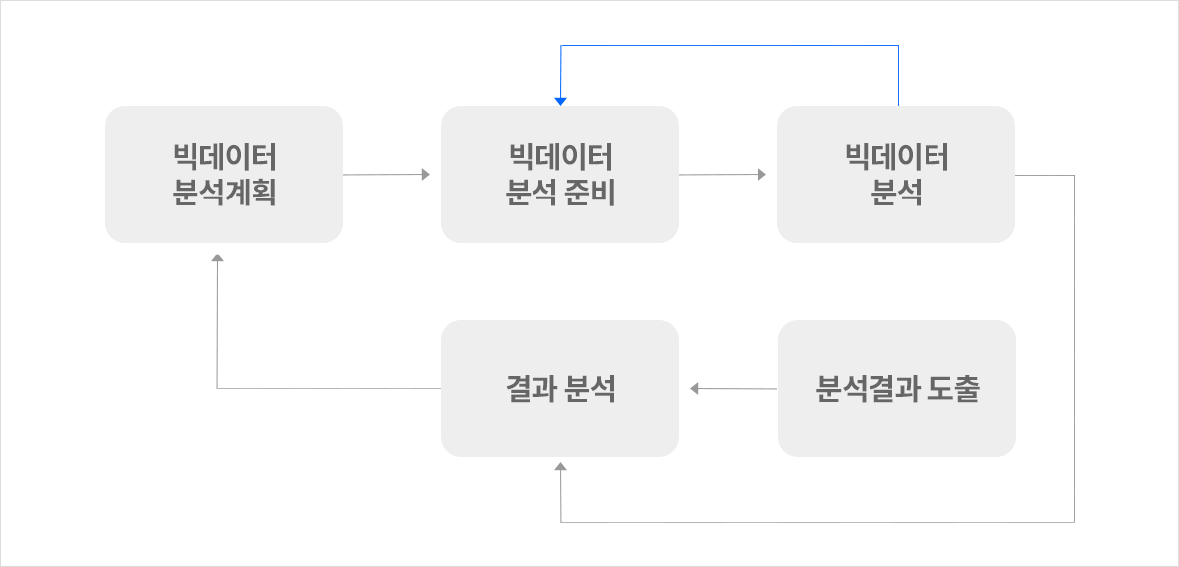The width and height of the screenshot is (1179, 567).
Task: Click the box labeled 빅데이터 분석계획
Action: pyautogui.click(x=224, y=174)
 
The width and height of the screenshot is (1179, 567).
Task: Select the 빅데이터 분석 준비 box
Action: pyautogui.click(x=560, y=174)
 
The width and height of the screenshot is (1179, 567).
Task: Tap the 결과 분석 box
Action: pyautogui.click(x=560, y=388)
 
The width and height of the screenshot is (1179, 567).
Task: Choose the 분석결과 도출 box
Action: pyautogui.click(x=897, y=388)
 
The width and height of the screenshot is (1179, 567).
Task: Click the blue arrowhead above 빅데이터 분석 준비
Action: pyautogui.click(x=561, y=101)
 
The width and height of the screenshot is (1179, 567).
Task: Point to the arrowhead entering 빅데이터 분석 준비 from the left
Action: pyautogui.click(x=426, y=174)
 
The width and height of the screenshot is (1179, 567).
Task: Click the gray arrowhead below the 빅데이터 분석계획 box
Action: pyautogui.click(x=217, y=257)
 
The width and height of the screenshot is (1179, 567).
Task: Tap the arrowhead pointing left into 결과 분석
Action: pyautogui.click(x=694, y=388)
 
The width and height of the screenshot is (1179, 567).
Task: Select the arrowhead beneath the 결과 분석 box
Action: pyautogui.click(x=561, y=466)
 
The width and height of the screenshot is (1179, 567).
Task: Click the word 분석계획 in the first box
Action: pyautogui.click(x=224, y=193)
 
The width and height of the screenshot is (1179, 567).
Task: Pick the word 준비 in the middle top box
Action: pyautogui.click(x=589, y=193)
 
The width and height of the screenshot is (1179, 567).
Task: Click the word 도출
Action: pyautogui.click(x=953, y=389)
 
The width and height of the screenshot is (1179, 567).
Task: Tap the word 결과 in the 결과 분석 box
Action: pyautogui.click(x=532, y=389)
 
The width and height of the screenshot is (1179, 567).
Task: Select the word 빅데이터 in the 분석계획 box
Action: pyautogui.click(x=225, y=157)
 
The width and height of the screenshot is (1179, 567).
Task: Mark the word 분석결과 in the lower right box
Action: pyautogui.click(x=869, y=389)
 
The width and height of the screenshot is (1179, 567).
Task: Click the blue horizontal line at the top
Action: pyautogui.click(x=729, y=46)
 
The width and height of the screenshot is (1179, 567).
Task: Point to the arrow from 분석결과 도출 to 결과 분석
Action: pyautogui.click(x=733, y=388)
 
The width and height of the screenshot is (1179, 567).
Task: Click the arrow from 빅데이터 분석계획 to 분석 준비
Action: pyautogui.click(x=386, y=174)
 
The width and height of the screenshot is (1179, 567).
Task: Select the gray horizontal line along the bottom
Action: pyautogui.click(x=817, y=522)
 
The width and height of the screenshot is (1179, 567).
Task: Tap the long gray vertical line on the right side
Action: pyautogui.click(x=1074, y=349)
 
